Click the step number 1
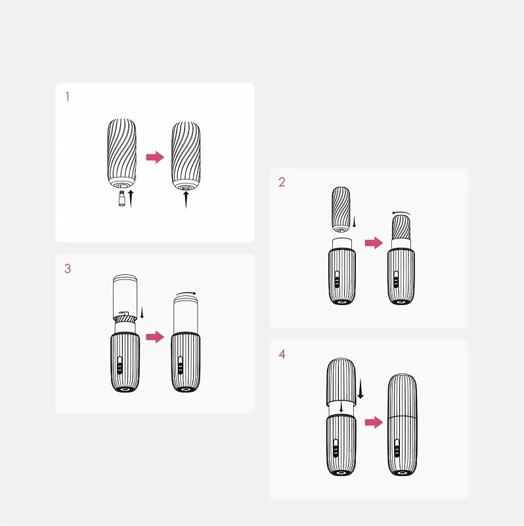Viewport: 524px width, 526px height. coord(68,97)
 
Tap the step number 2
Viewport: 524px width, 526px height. coord(282,182)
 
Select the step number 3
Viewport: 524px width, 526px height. coord(68,269)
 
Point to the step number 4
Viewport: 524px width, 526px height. coord(282,354)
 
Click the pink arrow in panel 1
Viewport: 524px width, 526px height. coord(155,157)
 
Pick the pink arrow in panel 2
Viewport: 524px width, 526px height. coord(374,243)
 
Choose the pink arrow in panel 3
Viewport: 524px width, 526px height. coord(155,337)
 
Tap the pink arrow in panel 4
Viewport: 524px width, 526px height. coord(374,422)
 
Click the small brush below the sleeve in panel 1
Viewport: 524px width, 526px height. coord(122,199)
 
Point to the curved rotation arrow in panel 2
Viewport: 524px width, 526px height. coord(401,212)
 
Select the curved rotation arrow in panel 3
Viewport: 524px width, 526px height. coord(186,293)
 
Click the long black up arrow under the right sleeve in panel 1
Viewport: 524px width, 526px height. coord(186,200)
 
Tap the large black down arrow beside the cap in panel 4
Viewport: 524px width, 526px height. coord(360,389)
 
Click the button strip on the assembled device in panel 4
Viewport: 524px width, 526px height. coord(397,448)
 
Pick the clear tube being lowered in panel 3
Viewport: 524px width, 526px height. coord(125,298)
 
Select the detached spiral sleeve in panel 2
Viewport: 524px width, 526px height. coord(341,210)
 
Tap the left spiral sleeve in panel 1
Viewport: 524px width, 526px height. coord(122,153)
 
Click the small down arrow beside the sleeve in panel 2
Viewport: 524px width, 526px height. coord(354,222)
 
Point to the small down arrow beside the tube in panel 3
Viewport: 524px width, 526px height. coord(142,312)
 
